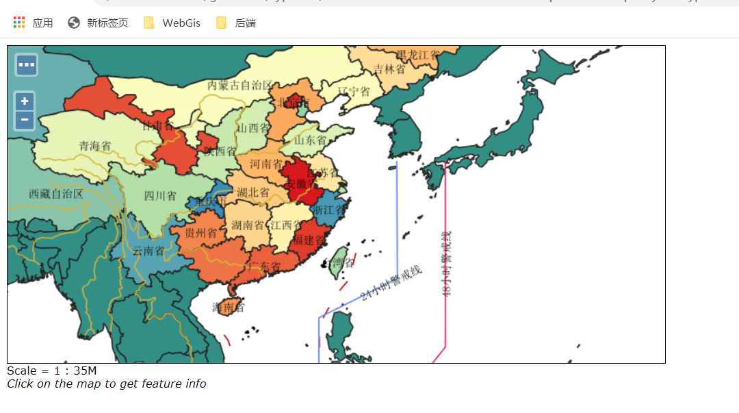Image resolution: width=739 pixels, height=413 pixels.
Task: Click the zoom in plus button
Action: point(25,101)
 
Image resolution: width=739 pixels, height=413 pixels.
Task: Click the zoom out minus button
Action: point(25,119)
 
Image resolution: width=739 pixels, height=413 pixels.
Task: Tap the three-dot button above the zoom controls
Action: point(27,65)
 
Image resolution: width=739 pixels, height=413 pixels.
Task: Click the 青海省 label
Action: point(94,146)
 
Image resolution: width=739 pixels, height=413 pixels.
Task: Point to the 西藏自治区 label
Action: point(56,194)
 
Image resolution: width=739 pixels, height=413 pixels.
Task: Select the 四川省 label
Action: point(159,196)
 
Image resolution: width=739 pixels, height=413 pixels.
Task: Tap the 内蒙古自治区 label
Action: point(240,86)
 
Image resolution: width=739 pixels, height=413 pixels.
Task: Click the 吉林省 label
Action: point(389,69)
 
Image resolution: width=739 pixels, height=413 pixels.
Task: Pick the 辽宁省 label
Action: point(354,92)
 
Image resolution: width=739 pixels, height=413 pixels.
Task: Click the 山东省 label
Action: point(310,140)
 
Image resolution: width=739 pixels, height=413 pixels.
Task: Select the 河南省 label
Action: point(265,164)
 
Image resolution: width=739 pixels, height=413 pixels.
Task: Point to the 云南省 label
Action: point(148,251)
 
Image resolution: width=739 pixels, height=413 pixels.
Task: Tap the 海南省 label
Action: point(228,308)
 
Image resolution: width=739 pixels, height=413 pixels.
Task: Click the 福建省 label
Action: point(309,240)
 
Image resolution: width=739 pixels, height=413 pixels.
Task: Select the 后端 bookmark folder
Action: point(236,23)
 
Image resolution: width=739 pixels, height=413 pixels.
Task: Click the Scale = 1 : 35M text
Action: point(52,371)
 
